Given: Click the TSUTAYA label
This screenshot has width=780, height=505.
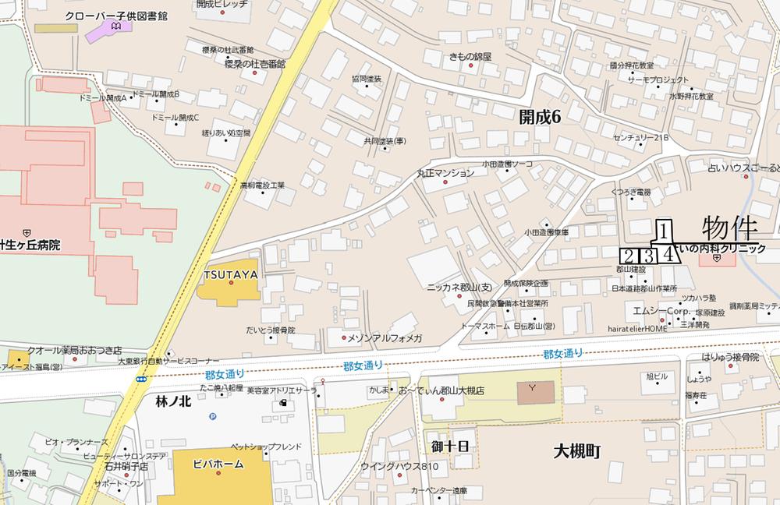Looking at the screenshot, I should pos(231,274).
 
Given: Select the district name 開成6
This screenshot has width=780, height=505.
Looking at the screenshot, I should pos(540,117).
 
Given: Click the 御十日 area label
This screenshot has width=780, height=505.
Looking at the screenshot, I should pos(450,445).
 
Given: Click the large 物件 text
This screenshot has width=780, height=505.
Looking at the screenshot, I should pos(730,228).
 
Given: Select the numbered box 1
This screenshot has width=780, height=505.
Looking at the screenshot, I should pos(663,230).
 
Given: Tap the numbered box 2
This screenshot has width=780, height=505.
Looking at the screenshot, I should pos(628,255).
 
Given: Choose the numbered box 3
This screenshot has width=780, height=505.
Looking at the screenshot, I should pos(647,255).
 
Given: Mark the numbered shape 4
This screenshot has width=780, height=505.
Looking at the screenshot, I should pos(668,254).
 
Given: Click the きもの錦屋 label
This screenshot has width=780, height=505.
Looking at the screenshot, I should pos(471,57).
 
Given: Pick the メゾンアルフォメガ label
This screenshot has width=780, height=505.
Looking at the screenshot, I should pos(385,337).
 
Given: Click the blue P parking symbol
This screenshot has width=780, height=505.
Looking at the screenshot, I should pos(213,416).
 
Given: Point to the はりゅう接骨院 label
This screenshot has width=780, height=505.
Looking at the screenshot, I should pos(729,356).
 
